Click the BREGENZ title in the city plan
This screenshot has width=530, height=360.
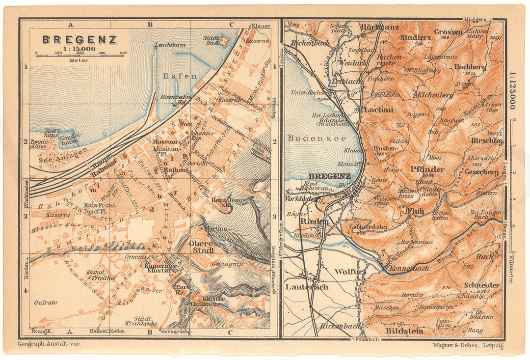click(x=79, y=39)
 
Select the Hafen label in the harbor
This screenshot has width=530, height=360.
click(x=180, y=76)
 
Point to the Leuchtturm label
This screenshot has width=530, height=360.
click(x=166, y=44)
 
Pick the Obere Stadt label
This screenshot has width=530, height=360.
click(x=201, y=247)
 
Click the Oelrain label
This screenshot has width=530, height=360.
click(x=45, y=303)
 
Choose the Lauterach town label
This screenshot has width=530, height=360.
click(x=307, y=287)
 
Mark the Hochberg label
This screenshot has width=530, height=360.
click(x=470, y=67)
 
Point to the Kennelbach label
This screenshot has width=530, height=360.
click(x=408, y=269)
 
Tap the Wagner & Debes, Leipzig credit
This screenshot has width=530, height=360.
click(x=468, y=346)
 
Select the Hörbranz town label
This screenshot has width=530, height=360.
click(x=379, y=27)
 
